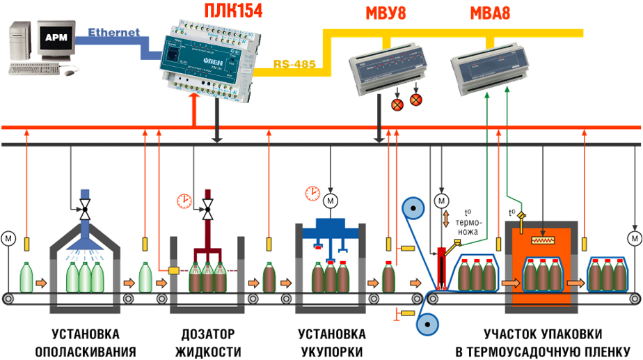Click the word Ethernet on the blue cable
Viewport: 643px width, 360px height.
pyautogui.click(x=114, y=32)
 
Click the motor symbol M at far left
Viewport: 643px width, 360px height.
pyautogui.click(x=8, y=237)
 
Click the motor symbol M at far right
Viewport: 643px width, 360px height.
pyautogui.click(x=634, y=237)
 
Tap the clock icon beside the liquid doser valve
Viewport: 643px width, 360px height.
pyautogui.click(x=184, y=201)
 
